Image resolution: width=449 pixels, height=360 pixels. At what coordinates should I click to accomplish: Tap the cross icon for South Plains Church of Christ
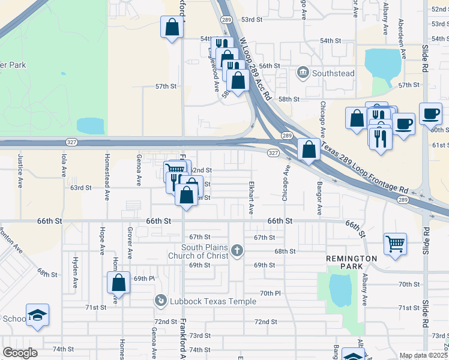pyautogui.click(x=237, y=250)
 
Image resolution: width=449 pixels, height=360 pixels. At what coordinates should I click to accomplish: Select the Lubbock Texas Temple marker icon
pyautogui.click(x=160, y=300)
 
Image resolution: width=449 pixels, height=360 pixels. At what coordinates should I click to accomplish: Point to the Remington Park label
pyautogui.click(x=351, y=259)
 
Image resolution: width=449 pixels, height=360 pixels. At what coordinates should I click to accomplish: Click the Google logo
pyautogui.click(x=20, y=353)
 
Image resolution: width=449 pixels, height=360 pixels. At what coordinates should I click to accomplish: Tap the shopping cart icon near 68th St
pyautogui.click(x=395, y=243)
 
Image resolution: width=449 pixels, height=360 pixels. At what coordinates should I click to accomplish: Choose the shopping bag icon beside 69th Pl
pyautogui.click(x=119, y=282)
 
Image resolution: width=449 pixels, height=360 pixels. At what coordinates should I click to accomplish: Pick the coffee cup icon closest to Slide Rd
pyautogui.click(x=430, y=113)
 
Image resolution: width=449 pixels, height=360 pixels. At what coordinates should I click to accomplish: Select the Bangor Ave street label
pyautogui.click(x=320, y=199)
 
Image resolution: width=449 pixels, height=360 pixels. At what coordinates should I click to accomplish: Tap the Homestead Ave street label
pyautogui.click(x=107, y=175)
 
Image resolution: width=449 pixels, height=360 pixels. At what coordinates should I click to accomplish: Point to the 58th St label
pyautogui.click(x=288, y=99)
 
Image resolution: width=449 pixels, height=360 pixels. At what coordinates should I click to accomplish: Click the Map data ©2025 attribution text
pyautogui.click(x=423, y=355)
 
